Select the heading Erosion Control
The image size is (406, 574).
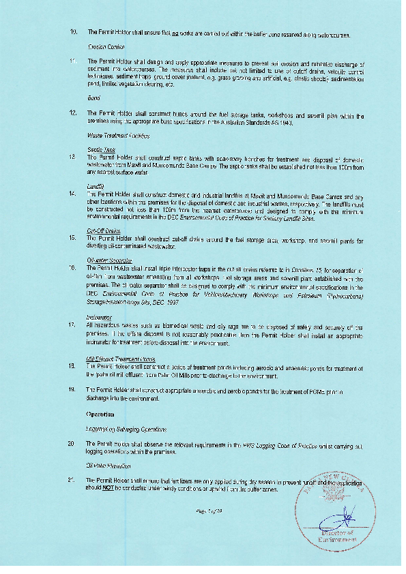(102, 47)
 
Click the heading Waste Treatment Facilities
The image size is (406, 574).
(115, 137)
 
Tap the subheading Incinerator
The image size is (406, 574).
(99, 317)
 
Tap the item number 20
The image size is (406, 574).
(72, 444)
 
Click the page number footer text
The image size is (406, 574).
(205, 511)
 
